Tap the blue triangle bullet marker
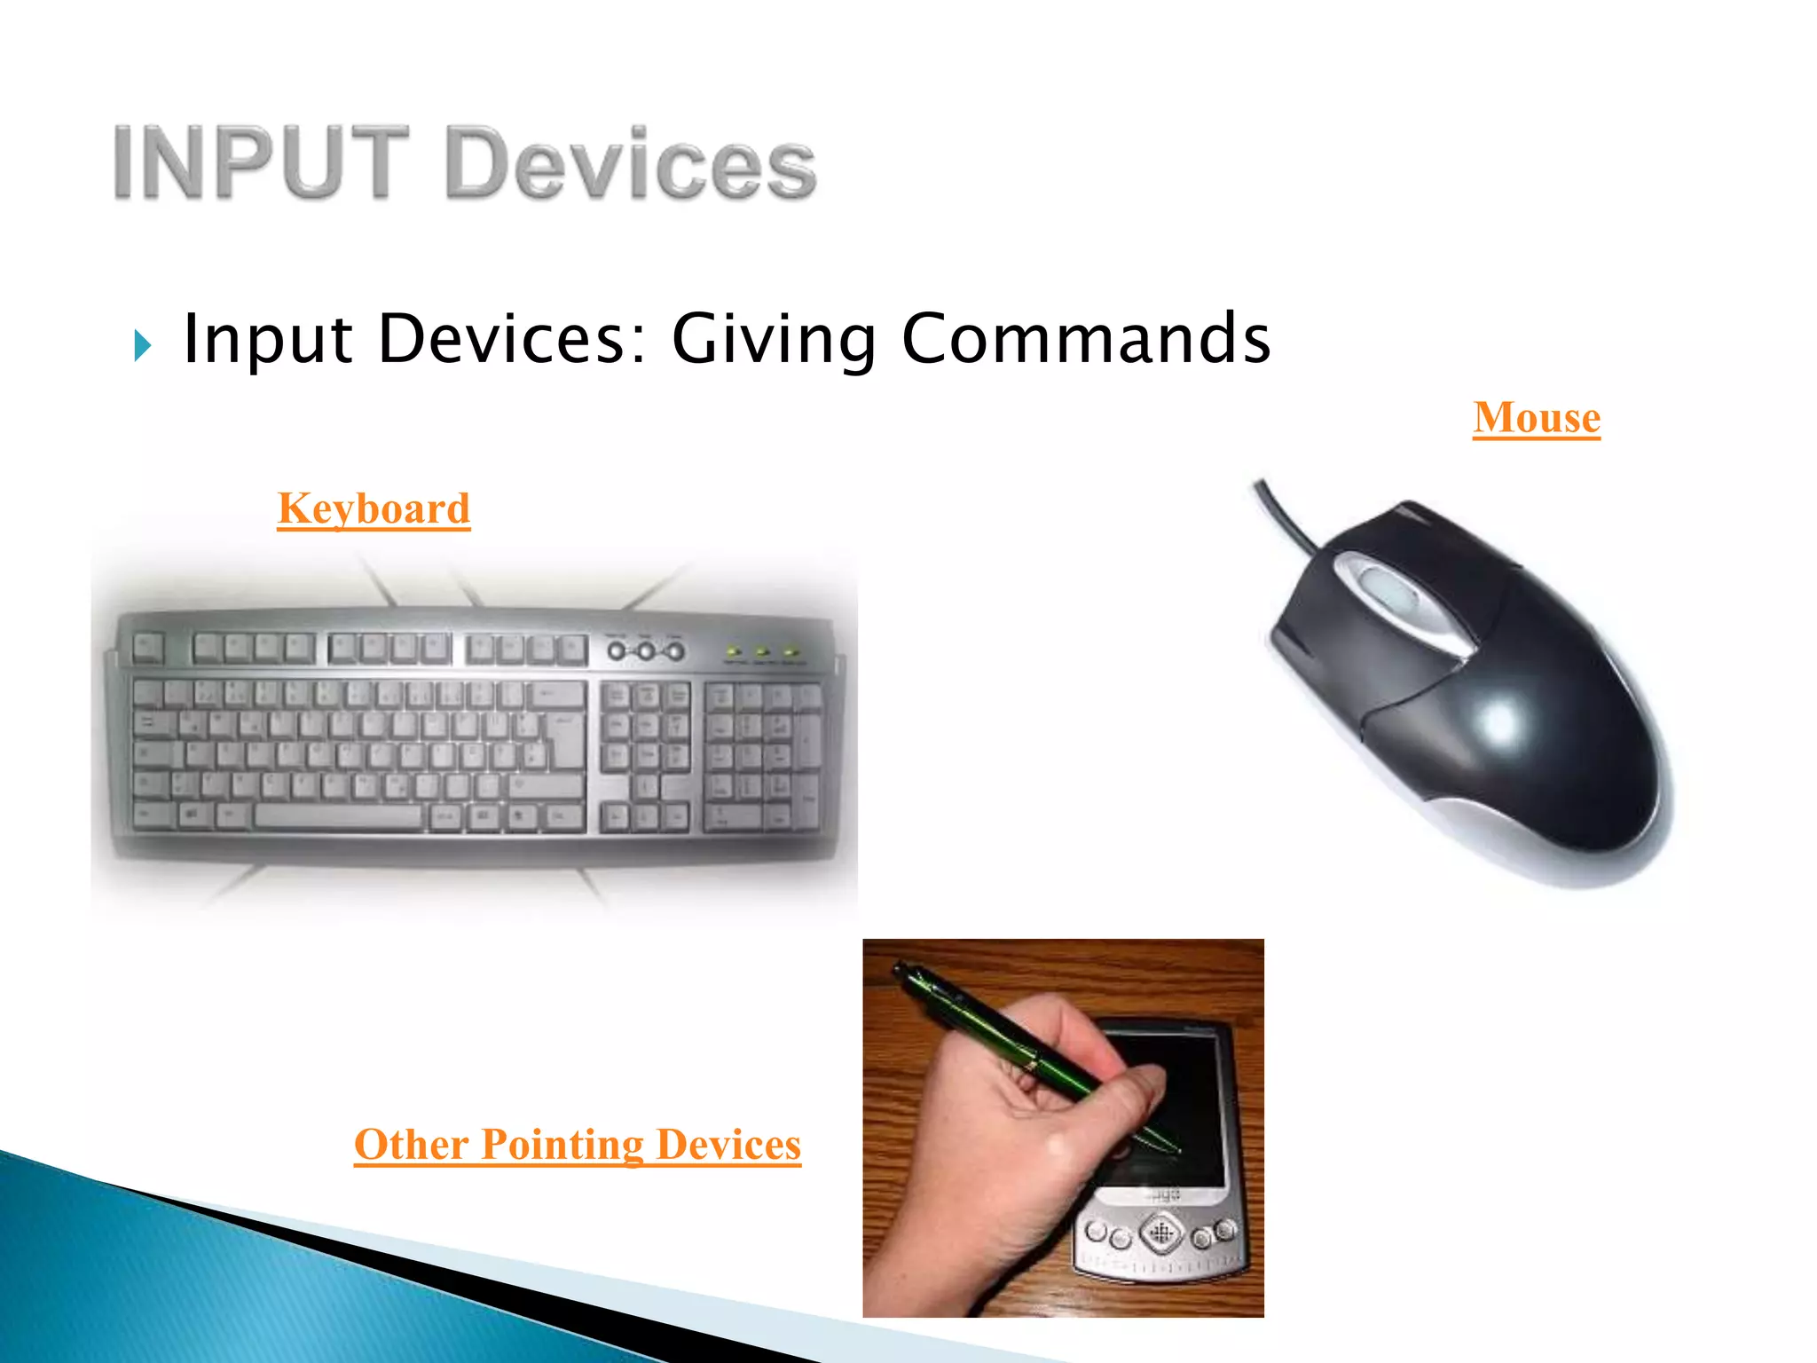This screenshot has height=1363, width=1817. tap(143, 344)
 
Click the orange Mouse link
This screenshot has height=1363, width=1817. tap(1537, 417)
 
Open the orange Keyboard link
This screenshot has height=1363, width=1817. tap(374, 508)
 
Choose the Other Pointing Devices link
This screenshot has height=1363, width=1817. tap(578, 1144)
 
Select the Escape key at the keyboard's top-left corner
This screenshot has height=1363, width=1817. tap(148, 647)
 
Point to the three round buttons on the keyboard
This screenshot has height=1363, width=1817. tap(646, 651)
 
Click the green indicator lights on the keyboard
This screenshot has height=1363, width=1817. tap(762, 653)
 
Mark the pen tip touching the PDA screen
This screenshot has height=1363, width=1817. tap(1179, 1152)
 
